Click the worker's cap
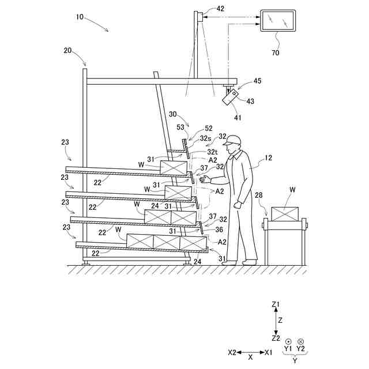(233, 140)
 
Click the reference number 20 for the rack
(68, 51)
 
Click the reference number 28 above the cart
(259, 195)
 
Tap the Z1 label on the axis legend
(275, 304)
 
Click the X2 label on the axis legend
(232, 352)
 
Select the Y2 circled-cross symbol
(300, 341)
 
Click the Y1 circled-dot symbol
(288, 341)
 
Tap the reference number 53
(180, 127)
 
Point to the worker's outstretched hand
(203, 179)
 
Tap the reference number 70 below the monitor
(275, 52)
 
